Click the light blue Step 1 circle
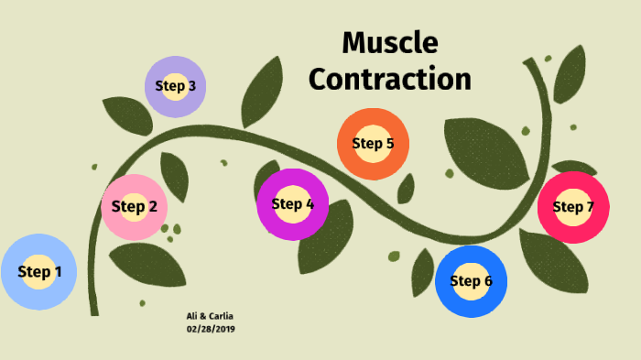pyautogui.click(x=38, y=271)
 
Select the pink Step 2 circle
pyautogui.click(x=134, y=206)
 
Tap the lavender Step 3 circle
pyautogui.click(x=175, y=86)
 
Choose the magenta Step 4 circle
pyautogui.click(x=292, y=204)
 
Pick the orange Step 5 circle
pyautogui.click(x=372, y=143)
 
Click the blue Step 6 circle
pyautogui.click(x=471, y=280)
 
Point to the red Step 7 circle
pyautogui.click(x=573, y=207)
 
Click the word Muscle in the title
pyautogui.click(x=389, y=43)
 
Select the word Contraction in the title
pyautogui.click(x=389, y=79)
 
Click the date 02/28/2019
pyautogui.click(x=211, y=328)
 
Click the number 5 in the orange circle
pyautogui.click(x=389, y=143)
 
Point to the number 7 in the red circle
pyautogui.click(x=590, y=207)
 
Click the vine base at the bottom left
pyautogui.click(x=93, y=307)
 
